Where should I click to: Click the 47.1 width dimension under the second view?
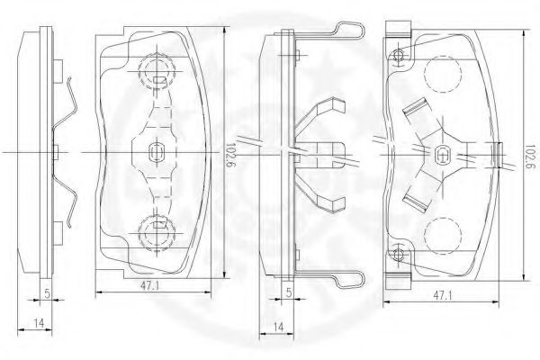(x=149, y=285)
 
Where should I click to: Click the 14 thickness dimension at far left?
(x=39, y=323)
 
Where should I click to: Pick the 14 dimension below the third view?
(x=278, y=327)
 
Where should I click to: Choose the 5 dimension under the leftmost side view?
(x=47, y=293)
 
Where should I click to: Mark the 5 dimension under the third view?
(x=289, y=292)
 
